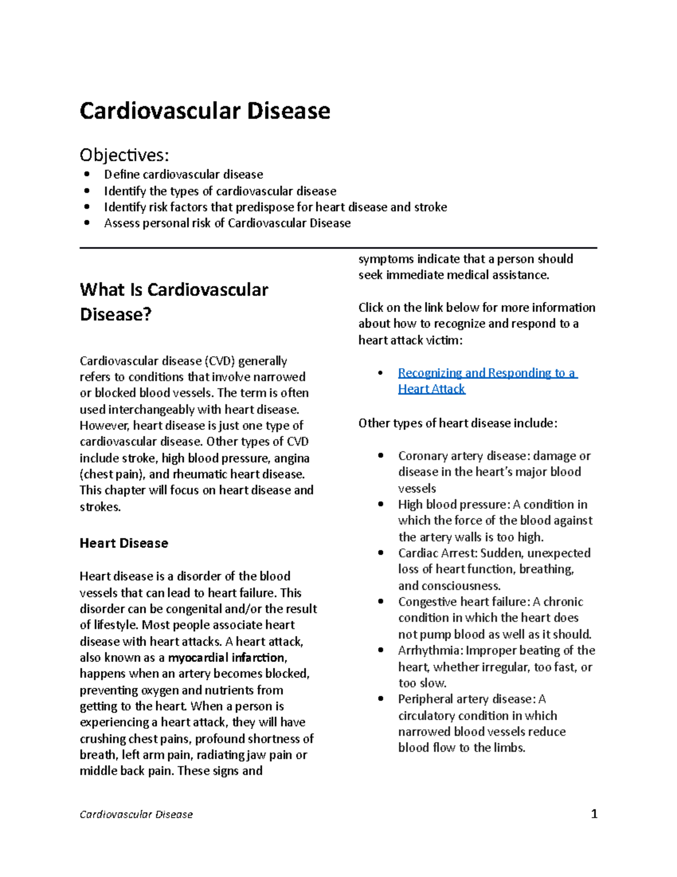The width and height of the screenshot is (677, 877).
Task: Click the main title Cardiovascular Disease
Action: pyautogui.click(x=205, y=111)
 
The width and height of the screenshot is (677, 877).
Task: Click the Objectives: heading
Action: pyautogui.click(x=124, y=155)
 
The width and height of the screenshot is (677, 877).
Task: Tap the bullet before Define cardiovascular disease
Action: pyautogui.click(x=86, y=174)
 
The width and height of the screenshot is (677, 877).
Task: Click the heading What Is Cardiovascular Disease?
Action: pyautogui.click(x=174, y=302)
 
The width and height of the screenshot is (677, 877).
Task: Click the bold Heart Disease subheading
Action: pyautogui.click(x=124, y=543)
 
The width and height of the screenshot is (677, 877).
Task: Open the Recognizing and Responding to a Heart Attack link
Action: pyautogui.click(x=486, y=373)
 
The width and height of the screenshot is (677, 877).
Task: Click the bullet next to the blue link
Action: pyautogui.click(x=381, y=373)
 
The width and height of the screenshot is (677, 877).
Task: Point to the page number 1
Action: pyautogui.click(x=594, y=814)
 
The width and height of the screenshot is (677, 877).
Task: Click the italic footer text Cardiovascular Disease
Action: pyautogui.click(x=136, y=814)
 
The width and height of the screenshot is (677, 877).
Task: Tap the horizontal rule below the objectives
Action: pyautogui.click(x=338, y=247)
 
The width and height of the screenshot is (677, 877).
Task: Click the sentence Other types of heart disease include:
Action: pyautogui.click(x=458, y=424)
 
